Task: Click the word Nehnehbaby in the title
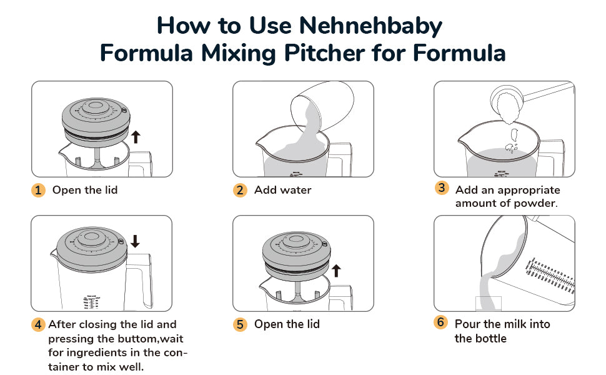click(370, 26)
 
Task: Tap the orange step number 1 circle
click(38, 190)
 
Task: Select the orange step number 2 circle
click(240, 190)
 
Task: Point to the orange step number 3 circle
click(441, 188)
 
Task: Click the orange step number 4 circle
click(38, 324)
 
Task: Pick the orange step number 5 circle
click(240, 324)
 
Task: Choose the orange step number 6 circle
click(440, 322)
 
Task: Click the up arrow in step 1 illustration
click(136, 137)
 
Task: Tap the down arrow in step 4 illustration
click(135, 241)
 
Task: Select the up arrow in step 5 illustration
click(336, 271)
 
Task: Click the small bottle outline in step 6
click(488, 304)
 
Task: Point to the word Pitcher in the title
click(324, 53)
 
